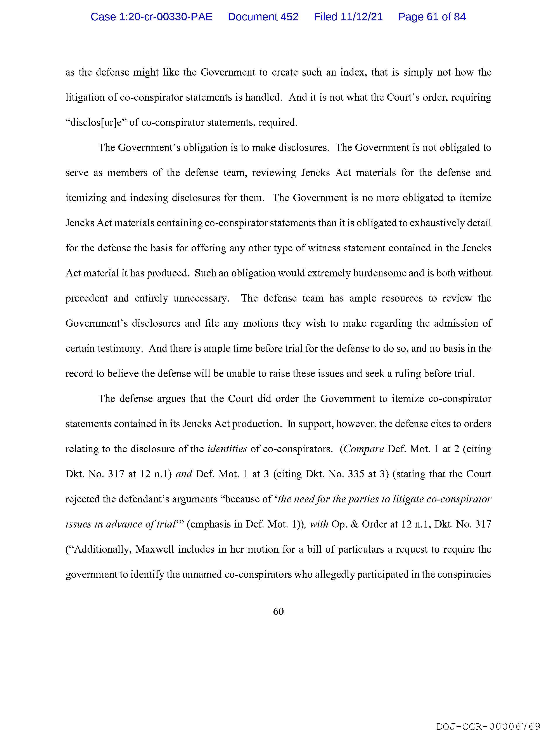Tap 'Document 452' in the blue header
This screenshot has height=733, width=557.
[263, 17]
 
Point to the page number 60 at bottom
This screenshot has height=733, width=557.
[278, 611]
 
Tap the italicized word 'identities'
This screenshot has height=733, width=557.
[227, 449]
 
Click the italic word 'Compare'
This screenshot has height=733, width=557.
[364, 449]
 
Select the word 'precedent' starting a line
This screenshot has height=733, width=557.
[86, 298]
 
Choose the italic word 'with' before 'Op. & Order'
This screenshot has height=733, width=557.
[319, 524]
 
